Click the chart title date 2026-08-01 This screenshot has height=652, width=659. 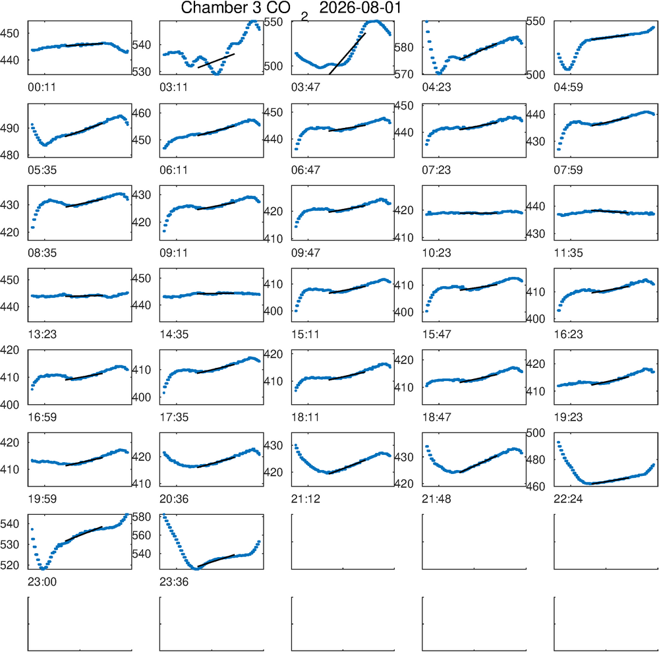point(360,7)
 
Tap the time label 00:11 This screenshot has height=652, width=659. point(42,87)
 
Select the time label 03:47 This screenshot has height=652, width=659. point(306,87)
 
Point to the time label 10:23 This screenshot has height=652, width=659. point(436,253)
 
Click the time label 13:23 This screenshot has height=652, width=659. point(42,335)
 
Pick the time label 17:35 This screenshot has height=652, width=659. point(174,417)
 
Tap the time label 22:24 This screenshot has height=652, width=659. point(568,499)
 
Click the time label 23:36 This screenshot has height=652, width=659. point(174,582)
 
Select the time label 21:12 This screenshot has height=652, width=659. point(306,499)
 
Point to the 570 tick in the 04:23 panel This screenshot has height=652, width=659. point(404,75)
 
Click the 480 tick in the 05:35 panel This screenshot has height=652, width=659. point(10,155)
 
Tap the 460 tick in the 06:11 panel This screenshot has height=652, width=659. point(141,113)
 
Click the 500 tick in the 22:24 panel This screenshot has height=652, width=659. point(535,432)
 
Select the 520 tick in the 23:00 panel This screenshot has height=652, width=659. point(10,565)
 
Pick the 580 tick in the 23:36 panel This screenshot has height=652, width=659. point(141,516)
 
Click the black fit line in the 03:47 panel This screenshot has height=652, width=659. point(347,53)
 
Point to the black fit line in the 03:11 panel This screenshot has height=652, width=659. point(216,61)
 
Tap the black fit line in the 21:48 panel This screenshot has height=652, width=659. point(478,463)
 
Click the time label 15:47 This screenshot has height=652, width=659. point(436,335)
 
